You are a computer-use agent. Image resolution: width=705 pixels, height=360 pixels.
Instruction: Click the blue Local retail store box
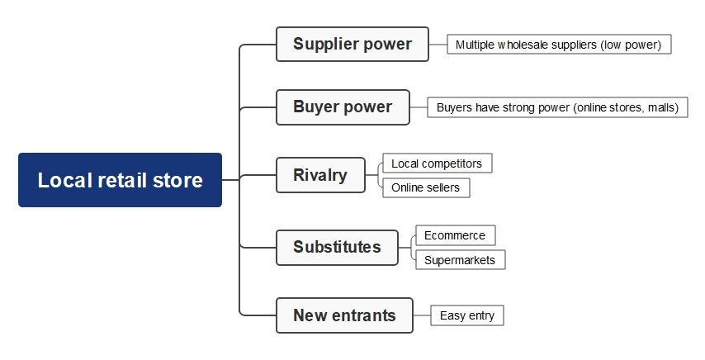pos(120,180)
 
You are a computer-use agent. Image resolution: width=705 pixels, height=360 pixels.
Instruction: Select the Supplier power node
pos(352,44)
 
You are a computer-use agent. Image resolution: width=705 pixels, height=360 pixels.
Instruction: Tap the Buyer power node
pos(343,107)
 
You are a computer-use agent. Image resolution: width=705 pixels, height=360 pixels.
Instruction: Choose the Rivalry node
pos(320,175)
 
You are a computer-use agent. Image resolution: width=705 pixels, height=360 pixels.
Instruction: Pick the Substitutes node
pos(337,247)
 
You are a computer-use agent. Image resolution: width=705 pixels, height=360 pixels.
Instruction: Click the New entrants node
pos(344,315)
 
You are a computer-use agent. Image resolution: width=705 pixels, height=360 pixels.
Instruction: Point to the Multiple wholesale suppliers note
pos(559,45)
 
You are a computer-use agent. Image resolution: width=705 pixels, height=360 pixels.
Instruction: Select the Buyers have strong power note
pos(557,107)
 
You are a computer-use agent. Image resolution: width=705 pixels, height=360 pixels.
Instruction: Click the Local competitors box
pos(437,163)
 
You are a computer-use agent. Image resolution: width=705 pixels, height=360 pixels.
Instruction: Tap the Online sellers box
pos(426,187)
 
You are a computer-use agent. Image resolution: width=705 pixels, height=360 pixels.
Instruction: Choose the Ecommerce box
pos(455,235)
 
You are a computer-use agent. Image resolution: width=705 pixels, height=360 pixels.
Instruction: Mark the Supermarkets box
pos(460,260)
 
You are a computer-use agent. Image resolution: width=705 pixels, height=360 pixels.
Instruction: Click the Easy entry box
pos(467,315)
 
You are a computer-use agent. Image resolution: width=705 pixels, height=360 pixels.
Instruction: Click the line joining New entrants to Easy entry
pos(422,315)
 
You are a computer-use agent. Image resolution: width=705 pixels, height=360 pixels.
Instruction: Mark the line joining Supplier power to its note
pos(438,44)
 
